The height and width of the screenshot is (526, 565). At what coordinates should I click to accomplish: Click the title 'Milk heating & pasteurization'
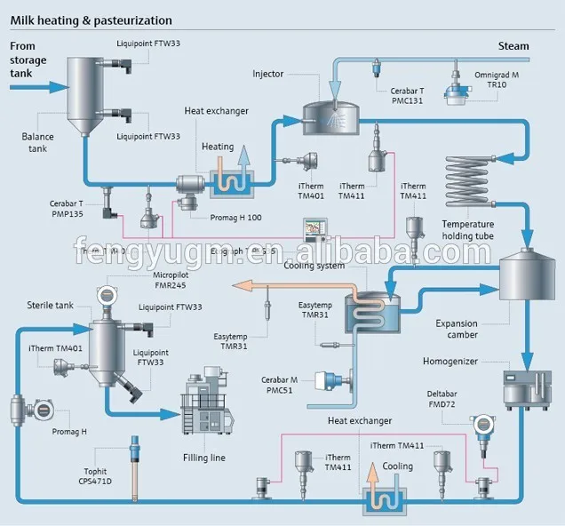click(92, 19)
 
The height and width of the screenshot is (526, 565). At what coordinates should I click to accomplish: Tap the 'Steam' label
click(513, 46)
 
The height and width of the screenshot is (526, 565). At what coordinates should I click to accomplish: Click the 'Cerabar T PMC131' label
click(408, 96)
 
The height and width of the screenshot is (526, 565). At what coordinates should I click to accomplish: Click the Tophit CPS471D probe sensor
click(134, 466)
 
